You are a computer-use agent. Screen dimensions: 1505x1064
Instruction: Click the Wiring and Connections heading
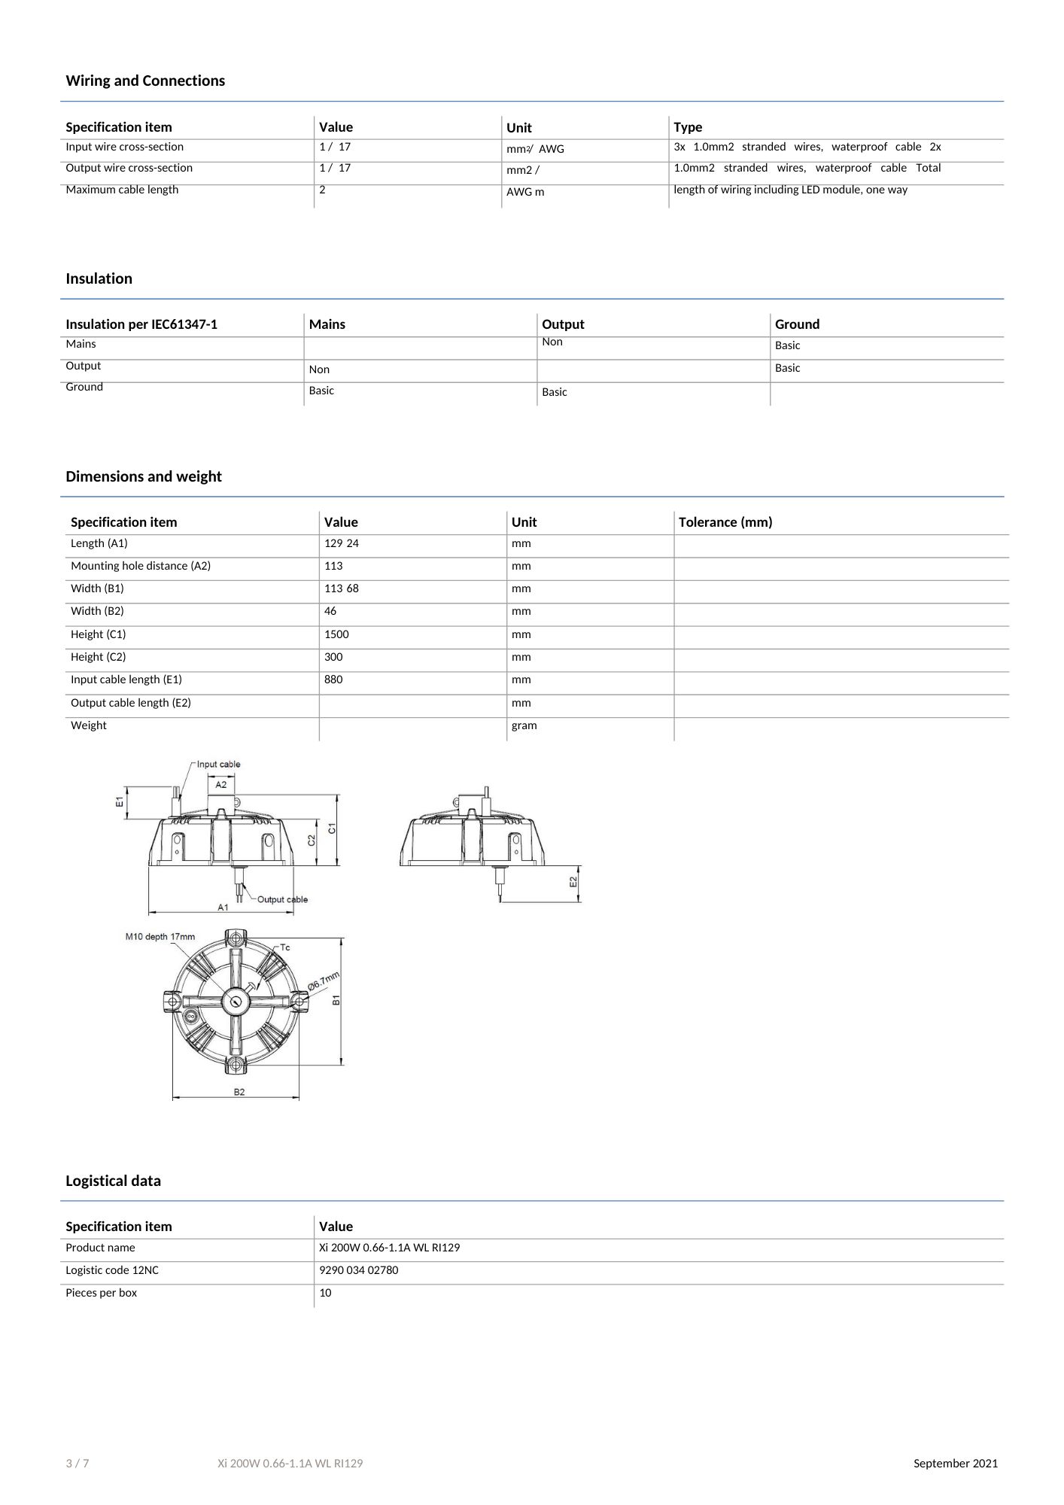tap(145, 81)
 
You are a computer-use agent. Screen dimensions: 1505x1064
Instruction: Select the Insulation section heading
tap(99, 278)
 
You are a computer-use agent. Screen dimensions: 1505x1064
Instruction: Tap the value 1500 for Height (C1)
tap(336, 634)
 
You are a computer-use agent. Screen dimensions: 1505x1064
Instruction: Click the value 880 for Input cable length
tap(333, 680)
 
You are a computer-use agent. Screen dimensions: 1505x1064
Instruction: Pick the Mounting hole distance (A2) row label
tap(141, 566)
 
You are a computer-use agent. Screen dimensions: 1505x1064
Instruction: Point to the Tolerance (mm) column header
tap(725, 522)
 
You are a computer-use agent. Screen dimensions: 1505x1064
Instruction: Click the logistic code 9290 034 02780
tap(358, 1270)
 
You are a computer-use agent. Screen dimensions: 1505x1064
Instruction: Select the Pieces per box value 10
tap(325, 1293)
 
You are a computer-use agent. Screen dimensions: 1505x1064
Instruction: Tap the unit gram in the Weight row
tap(524, 725)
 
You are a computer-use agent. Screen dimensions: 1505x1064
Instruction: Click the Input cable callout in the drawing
tap(219, 765)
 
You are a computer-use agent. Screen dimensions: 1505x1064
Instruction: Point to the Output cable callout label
tap(282, 899)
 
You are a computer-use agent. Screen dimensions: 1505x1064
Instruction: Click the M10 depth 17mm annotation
tap(160, 937)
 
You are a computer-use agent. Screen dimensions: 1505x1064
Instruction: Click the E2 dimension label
tap(573, 881)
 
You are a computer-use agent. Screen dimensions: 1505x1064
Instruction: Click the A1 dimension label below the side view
tap(223, 908)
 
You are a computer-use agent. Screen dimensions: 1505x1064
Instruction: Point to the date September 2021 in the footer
tap(956, 1464)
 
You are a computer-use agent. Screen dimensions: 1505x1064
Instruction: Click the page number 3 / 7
tap(78, 1464)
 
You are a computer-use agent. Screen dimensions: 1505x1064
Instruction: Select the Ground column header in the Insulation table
tap(797, 324)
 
